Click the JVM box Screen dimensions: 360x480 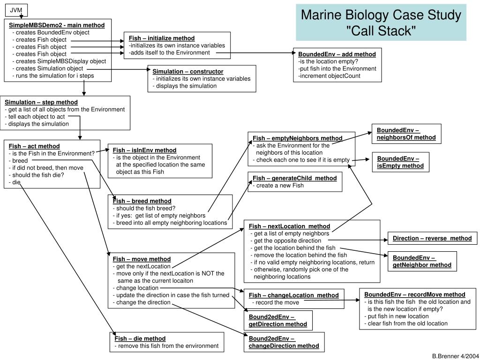click(16, 10)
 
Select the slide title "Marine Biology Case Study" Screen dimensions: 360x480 click(381, 15)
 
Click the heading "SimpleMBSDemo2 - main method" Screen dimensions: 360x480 click(57, 25)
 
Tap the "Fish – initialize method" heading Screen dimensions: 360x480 click(162, 38)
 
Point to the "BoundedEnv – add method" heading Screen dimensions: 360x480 click(337, 54)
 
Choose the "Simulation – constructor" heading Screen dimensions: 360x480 click(187, 71)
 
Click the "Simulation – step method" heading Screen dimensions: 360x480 click(41, 102)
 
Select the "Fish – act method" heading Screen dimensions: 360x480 click(34, 146)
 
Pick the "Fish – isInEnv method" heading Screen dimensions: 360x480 click(144, 150)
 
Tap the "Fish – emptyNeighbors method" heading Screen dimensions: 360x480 click(298, 138)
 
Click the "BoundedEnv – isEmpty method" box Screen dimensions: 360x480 click(400, 162)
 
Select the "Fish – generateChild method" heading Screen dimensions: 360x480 click(295, 178)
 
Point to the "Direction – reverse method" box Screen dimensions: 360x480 click(432, 238)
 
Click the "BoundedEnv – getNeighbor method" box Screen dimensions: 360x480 click(422, 262)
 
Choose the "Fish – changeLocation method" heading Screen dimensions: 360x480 click(293, 295)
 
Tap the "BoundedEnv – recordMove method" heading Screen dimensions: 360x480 click(415, 294)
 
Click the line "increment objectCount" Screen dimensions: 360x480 click(330, 75)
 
